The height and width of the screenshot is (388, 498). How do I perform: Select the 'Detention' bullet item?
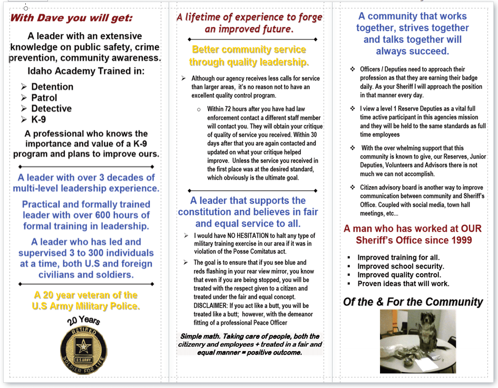click(52, 87)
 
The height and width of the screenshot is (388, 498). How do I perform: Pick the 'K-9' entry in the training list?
click(38, 120)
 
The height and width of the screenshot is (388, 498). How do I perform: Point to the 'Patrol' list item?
click(44, 98)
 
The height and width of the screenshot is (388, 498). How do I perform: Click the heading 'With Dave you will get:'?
click(71, 18)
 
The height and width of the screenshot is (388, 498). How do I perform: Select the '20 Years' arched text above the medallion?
click(83, 321)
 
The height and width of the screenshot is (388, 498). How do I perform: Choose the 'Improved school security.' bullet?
click(401, 266)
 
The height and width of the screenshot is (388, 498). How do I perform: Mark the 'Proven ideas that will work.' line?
click(403, 284)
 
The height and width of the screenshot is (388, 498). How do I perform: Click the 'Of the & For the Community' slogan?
click(413, 302)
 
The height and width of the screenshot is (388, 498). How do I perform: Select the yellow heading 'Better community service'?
click(249, 50)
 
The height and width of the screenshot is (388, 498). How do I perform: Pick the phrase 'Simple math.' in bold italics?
click(202, 336)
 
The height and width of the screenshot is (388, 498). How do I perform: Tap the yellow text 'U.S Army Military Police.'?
click(86, 306)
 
